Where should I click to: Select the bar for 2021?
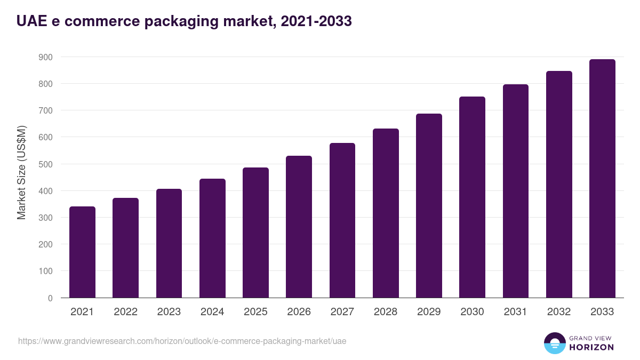[82, 252]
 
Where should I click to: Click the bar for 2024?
[212, 238]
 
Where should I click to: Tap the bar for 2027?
[342, 220]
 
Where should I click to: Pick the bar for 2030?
[472, 197]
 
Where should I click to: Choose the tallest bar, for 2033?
[602, 178]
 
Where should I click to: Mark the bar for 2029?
[429, 205]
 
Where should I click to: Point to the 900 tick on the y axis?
[46, 57]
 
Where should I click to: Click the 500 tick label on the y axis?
[46, 164]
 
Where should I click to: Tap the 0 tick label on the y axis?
[50, 298]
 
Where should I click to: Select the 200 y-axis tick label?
[46, 244]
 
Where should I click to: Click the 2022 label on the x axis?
[125, 312]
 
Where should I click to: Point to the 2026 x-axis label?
[299, 312]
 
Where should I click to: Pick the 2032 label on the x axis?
[559, 312]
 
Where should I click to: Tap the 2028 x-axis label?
[386, 312]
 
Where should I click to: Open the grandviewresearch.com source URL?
[182, 341]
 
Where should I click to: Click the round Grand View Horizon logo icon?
[554, 343]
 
